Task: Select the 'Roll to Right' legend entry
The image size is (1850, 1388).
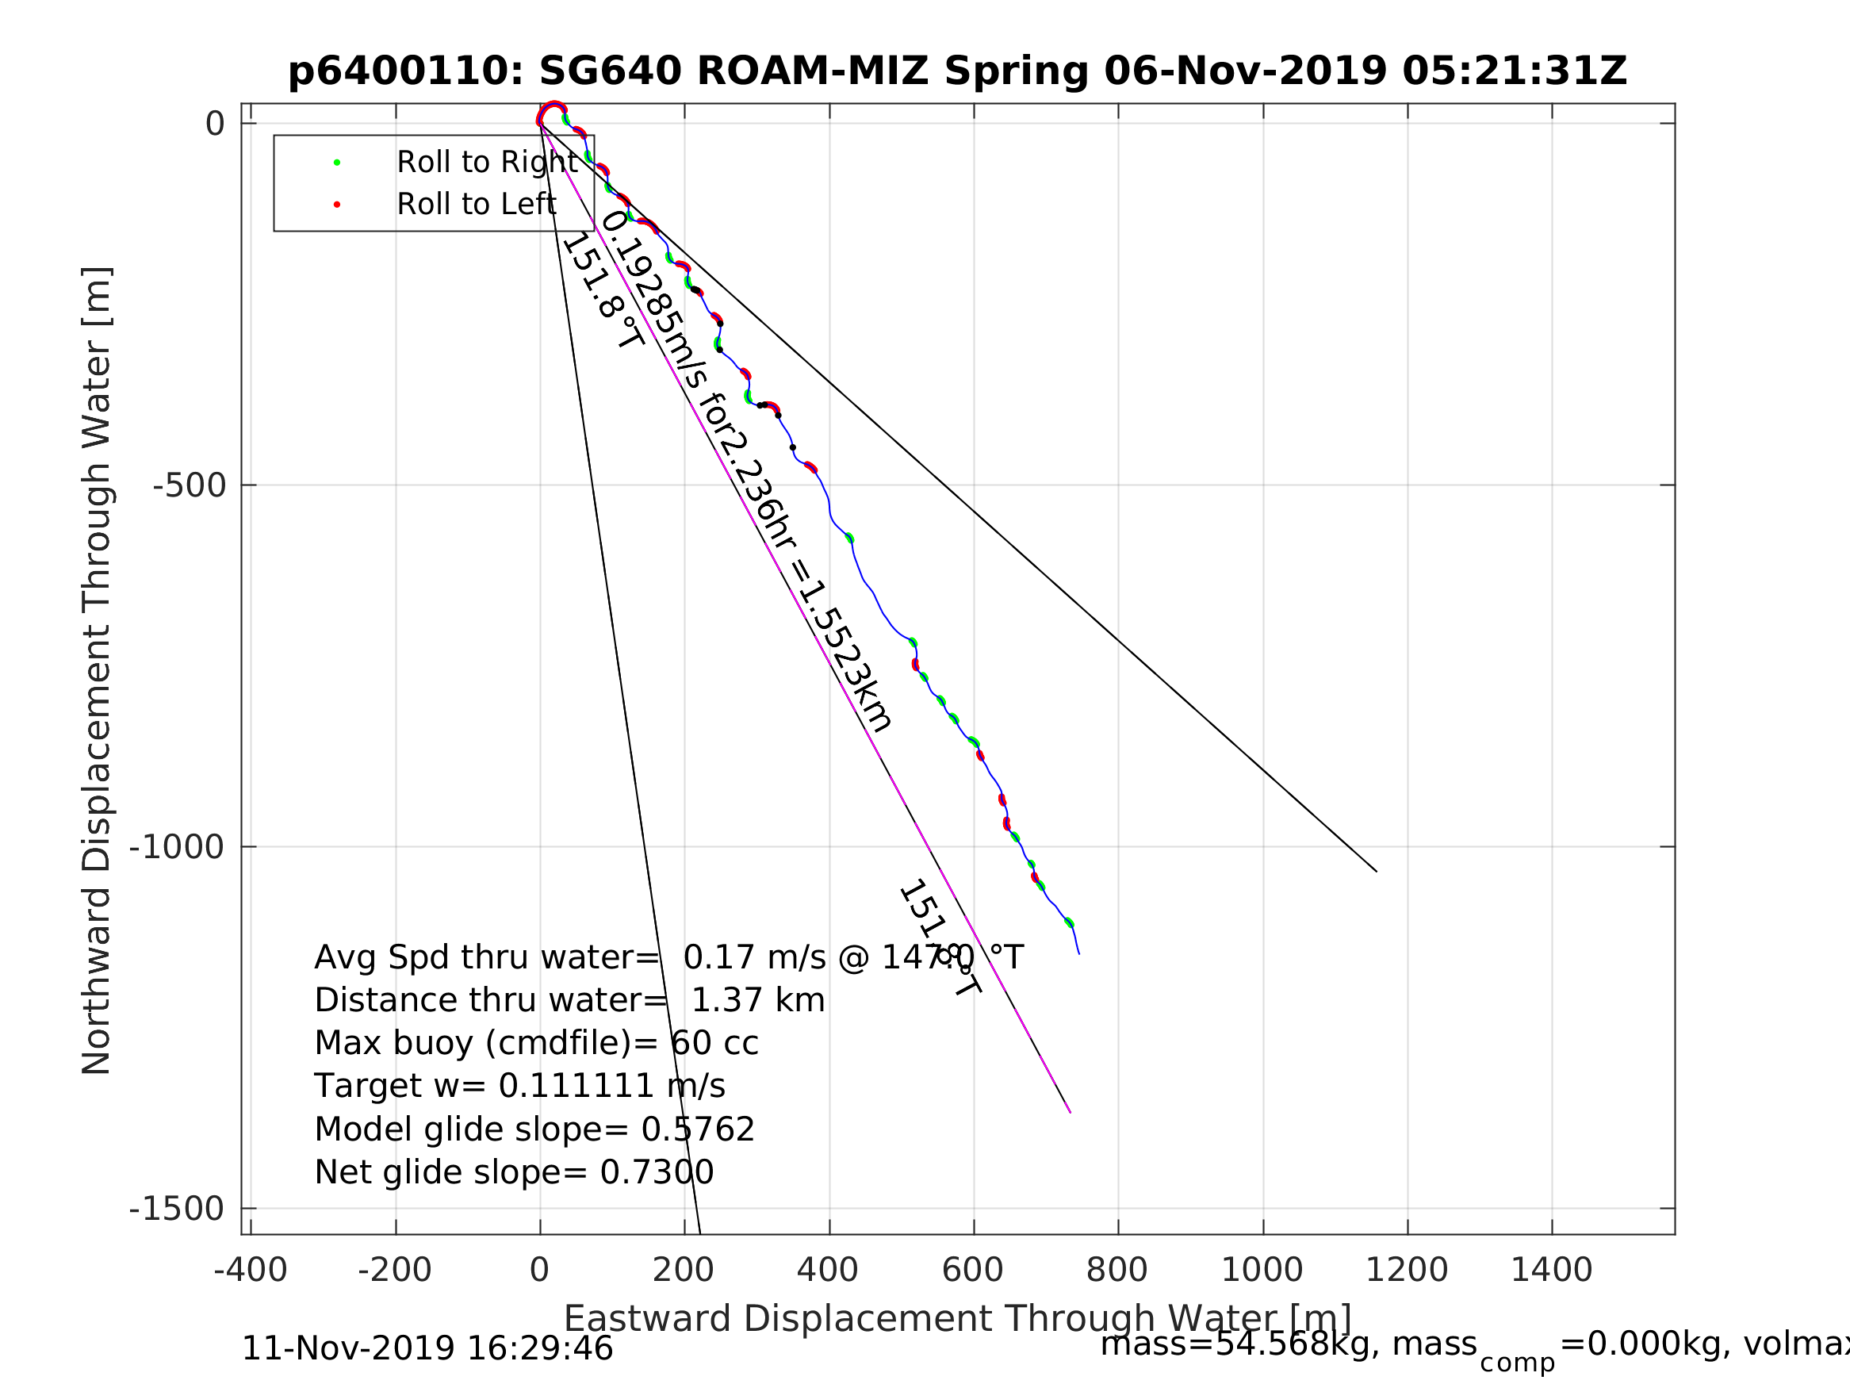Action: click(487, 163)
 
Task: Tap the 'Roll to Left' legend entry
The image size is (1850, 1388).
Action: click(476, 204)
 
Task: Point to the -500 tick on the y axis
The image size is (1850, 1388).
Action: click(190, 485)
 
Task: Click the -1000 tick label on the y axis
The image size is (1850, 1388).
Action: click(178, 847)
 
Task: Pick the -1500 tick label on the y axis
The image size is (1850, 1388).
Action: click(178, 1208)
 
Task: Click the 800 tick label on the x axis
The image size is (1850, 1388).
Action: click(1117, 1270)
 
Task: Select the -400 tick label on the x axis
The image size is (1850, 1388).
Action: click(250, 1270)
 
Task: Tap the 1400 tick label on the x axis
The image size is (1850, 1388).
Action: click(1551, 1270)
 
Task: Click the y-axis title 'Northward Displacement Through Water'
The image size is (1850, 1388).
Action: click(96, 669)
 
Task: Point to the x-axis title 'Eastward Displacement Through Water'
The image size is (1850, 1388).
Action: click(958, 1318)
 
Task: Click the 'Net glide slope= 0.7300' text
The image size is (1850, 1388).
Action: click(515, 1172)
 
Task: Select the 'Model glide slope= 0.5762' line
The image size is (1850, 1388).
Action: click(534, 1129)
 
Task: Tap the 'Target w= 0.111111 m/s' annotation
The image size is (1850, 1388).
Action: click(519, 1086)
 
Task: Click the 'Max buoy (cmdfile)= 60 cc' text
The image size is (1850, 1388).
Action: click(536, 1043)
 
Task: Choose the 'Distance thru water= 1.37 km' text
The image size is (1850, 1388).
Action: click(569, 1000)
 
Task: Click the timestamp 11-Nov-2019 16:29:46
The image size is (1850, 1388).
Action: click(427, 1348)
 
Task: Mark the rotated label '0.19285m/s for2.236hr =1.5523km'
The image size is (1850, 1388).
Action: click(747, 471)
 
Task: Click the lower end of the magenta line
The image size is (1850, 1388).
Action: click(1070, 1112)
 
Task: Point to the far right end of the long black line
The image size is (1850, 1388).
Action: click(1376, 871)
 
